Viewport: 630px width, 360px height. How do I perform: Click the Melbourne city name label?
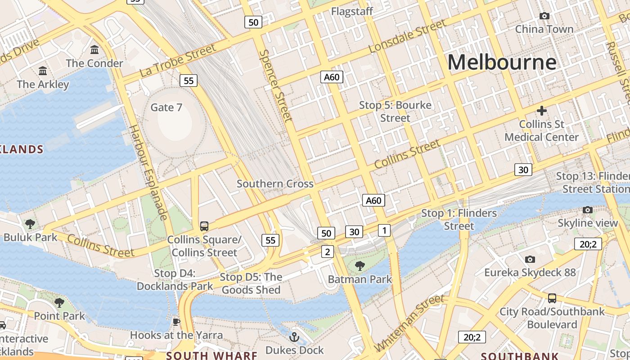point(502,62)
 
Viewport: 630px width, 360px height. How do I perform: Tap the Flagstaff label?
point(352,11)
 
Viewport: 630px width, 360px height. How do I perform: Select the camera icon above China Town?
point(544,16)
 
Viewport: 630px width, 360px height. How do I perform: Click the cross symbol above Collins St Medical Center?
point(541,110)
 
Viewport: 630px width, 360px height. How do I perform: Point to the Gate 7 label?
point(166,107)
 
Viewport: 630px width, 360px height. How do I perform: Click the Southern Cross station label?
point(275,184)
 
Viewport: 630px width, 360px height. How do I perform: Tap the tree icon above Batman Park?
point(360,266)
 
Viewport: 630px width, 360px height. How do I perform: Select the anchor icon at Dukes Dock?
point(294,337)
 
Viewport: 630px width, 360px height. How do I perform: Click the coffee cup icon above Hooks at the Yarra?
point(176,322)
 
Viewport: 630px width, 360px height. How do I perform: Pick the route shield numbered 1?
point(384,230)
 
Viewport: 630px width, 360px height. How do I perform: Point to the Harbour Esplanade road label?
point(148,172)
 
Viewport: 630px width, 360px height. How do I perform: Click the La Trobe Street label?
point(178,60)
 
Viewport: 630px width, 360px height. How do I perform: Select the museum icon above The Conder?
point(94,49)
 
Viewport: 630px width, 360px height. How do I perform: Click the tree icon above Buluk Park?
point(30,223)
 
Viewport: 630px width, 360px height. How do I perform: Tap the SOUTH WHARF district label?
point(211,355)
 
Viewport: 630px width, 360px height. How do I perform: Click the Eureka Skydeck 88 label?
point(530,272)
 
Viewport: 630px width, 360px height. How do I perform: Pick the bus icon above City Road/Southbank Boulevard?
point(552,298)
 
